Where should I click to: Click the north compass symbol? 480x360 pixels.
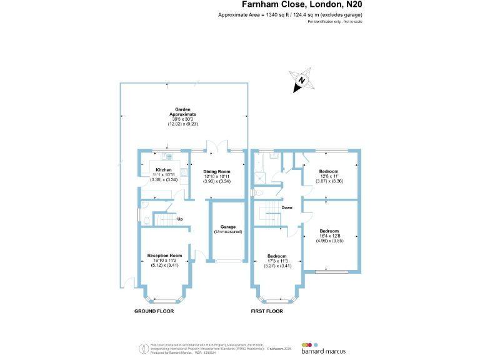point(302,81)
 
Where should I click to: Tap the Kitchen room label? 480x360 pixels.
point(163,170)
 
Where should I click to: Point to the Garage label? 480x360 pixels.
point(228,226)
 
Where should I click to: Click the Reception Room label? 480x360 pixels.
point(164,255)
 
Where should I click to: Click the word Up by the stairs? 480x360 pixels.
point(179,219)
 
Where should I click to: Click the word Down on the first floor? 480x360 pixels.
point(287,207)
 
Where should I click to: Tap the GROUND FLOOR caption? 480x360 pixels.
point(154,311)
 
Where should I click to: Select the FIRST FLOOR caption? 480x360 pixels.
point(267,311)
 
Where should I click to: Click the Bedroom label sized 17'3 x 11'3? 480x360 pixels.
point(277,256)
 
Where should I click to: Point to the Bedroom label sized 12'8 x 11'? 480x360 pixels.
point(329,171)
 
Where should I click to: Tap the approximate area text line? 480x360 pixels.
point(290,14)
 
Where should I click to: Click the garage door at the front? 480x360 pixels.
point(227,261)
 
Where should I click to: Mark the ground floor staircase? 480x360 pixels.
point(163,219)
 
